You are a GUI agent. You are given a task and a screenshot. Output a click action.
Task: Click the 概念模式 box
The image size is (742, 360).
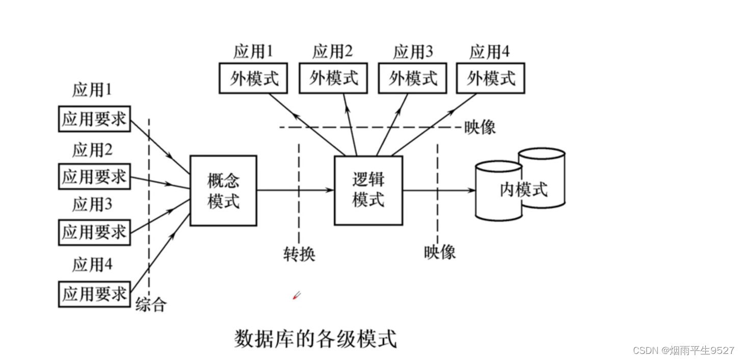point(223,191)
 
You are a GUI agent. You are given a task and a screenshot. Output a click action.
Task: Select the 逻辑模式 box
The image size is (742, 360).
point(368,190)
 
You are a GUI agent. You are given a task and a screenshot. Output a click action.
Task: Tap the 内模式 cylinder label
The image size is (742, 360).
point(523,190)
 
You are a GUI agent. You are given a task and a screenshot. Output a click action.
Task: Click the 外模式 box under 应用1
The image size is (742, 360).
point(253,79)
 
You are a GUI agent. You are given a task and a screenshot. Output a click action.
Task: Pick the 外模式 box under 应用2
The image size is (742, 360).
point(333,79)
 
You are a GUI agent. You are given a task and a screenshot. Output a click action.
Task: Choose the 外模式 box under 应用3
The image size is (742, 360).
point(412,79)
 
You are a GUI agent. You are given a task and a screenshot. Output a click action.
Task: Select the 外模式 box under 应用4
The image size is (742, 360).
point(490,79)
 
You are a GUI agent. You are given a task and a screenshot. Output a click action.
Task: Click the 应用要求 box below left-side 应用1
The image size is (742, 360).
point(94,119)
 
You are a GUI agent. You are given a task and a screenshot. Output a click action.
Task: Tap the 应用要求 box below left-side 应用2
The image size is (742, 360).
point(94,176)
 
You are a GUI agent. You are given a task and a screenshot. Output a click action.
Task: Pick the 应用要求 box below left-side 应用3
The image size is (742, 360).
point(94,232)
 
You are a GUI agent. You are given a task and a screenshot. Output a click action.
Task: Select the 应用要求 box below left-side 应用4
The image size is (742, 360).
point(94,294)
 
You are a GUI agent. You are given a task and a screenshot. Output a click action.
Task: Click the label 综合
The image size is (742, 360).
point(151,305)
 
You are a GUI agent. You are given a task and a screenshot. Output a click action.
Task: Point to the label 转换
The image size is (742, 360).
point(299,253)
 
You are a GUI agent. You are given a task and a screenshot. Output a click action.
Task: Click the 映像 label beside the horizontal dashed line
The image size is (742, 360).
point(480,127)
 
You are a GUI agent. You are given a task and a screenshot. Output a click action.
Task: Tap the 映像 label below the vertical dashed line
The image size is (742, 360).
point(440,252)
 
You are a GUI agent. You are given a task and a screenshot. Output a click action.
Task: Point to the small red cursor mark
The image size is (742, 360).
point(296,295)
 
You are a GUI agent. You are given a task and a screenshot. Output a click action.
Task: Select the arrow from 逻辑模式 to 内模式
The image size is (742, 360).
point(438,190)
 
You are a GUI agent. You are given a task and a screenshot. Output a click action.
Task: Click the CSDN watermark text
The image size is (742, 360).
point(683,350)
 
